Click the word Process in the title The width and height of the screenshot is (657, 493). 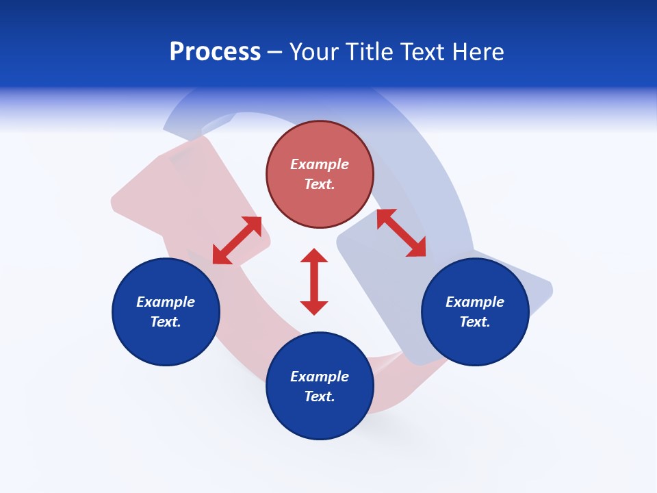[x=215, y=52]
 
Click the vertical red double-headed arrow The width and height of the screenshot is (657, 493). [x=314, y=281]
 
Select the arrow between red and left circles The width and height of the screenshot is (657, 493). [x=237, y=240]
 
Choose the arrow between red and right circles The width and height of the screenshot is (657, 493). [x=402, y=233]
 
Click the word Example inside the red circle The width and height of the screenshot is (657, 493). [x=320, y=164]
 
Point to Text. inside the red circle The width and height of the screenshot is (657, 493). [x=320, y=184]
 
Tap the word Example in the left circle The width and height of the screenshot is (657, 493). [x=166, y=302]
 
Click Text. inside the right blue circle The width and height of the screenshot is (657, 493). [x=475, y=322]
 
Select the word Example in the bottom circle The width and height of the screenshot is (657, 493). [x=320, y=377]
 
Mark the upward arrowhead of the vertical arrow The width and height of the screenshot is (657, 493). [x=314, y=256]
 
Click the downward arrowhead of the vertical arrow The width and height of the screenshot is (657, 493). [x=314, y=307]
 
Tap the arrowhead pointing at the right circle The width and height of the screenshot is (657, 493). [x=417, y=248]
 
